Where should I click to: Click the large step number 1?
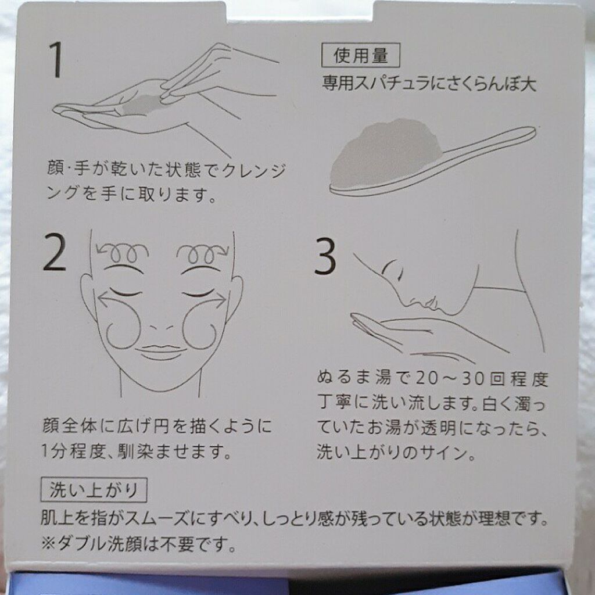pyautogui.click(x=57, y=59)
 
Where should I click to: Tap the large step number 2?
pyautogui.click(x=55, y=252)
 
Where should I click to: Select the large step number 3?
pyautogui.click(x=325, y=256)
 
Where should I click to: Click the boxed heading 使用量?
pyautogui.click(x=360, y=55)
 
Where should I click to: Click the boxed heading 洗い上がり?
pyautogui.click(x=94, y=490)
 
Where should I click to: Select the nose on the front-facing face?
pyautogui.click(x=162, y=327)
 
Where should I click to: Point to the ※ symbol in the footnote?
pyautogui.click(x=49, y=544)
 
